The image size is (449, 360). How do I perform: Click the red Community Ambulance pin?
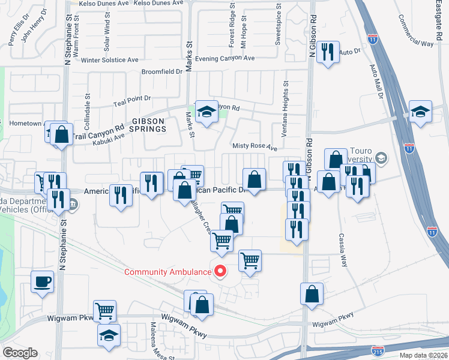click(220, 271)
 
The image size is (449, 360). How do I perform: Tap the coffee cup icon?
click(43, 281)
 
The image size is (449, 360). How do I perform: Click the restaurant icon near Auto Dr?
click(328, 52)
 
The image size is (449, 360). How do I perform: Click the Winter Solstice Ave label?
click(110, 60)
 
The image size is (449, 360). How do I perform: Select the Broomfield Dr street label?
click(161, 71)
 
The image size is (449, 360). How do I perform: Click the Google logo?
click(20, 353)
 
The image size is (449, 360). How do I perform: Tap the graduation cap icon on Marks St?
click(207, 112)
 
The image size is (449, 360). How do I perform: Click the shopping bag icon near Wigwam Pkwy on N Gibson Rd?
click(312, 295)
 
